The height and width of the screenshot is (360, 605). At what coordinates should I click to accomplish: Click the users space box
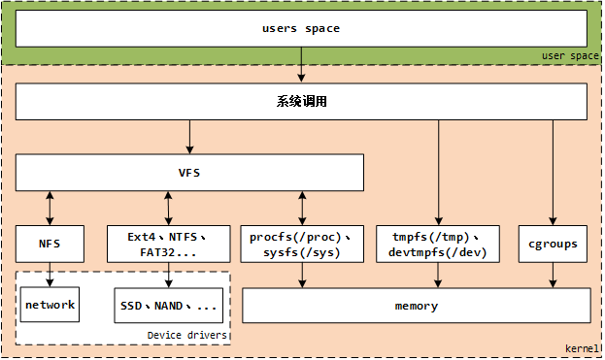pyautogui.click(x=301, y=28)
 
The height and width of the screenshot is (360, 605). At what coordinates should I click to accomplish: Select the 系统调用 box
pyautogui.click(x=301, y=101)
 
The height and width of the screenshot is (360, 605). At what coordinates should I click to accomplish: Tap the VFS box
pyautogui.click(x=189, y=173)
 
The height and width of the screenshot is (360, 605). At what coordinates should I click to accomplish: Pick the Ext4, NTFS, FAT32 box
pyautogui.click(x=168, y=244)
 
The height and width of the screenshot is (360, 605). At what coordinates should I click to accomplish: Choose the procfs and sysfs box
pyautogui.click(x=301, y=244)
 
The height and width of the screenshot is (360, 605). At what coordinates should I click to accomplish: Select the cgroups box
pyautogui.click(x=554, y=244)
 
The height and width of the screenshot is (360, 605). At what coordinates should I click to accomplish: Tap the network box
pyautogui.click(x=50, y=305)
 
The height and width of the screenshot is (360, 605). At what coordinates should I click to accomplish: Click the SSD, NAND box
pyautogui.click(x=169, y=306)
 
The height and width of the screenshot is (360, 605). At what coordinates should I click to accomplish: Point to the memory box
pyautogui.click(x=416, y=306)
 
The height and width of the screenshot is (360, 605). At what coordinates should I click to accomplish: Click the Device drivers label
pyautogui.click(x=186, y=335)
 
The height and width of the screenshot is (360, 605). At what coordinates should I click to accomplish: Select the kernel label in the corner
pyautogui.click(x=582, y=348)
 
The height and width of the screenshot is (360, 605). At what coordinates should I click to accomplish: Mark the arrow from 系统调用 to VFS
pyautogui.click(x=189, y=137)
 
